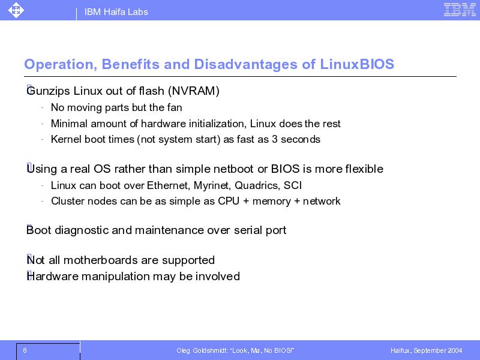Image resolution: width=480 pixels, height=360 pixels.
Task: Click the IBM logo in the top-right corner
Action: coord(460,10)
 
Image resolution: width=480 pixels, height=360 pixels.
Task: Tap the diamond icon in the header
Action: coord(16,10)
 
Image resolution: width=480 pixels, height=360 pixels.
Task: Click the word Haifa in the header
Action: coord(114,12)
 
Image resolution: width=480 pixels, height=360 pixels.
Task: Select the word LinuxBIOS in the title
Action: coord(357,64)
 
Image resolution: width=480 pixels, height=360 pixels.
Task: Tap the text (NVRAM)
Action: coord(194,91)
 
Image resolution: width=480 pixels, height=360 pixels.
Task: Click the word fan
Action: coord(175,107)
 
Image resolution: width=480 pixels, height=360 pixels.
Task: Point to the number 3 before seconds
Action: coord(275,139)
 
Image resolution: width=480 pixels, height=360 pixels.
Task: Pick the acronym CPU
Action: coord(229,201)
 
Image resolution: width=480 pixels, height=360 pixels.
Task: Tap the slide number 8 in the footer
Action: coord(25,350)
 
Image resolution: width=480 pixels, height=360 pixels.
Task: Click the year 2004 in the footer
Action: coord(455,350)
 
